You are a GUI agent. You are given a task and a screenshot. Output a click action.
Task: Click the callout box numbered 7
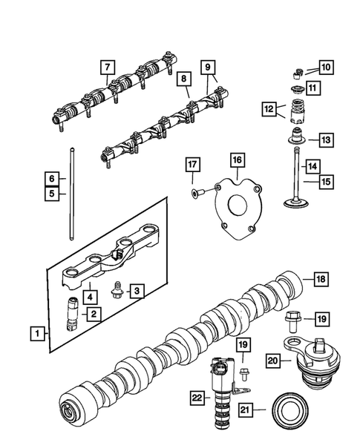pyautogui.click(x=108, y=68)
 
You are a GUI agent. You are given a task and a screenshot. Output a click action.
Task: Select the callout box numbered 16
pyautogui.click(x=236, y=160)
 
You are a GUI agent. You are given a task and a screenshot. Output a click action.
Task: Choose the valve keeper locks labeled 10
pyautogui.click(x=294, y=73)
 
